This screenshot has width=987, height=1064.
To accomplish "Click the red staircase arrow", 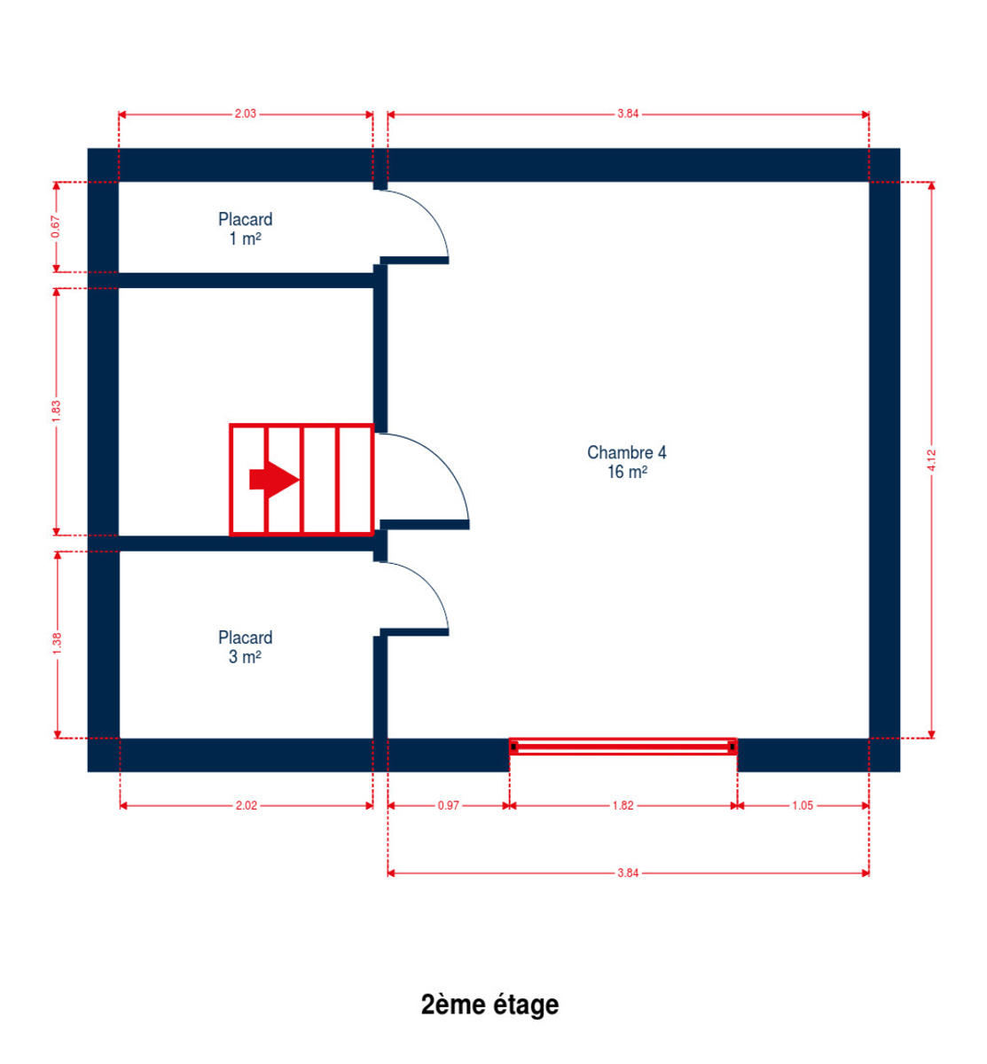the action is (x=274, y=480).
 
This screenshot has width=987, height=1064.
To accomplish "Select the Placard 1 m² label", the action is (x=245, y=229).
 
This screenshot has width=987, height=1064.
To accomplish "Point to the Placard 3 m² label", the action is (x=245, y=647).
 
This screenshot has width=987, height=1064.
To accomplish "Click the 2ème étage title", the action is (x=490, y=1005).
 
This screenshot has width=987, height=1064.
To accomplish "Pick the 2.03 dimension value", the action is (x=246, y=113).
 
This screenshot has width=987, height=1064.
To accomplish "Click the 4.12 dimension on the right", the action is (x=931, y=460).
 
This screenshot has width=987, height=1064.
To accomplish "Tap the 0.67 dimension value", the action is (x=56, y=227).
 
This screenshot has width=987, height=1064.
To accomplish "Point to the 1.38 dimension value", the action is (x=58, y=644).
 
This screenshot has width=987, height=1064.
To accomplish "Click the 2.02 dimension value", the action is (x=247, y=805).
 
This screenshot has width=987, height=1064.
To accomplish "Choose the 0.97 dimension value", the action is (x=449, y=805).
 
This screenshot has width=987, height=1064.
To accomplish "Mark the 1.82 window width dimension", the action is (x=623, y=805).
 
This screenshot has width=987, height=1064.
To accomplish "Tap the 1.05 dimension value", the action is (x=803, y=805).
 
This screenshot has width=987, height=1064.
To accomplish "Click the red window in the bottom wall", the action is (x=623, y=747).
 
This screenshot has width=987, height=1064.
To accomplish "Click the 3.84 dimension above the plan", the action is (x=628, y=113).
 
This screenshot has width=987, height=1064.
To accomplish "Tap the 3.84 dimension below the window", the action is (x=628, y=872).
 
